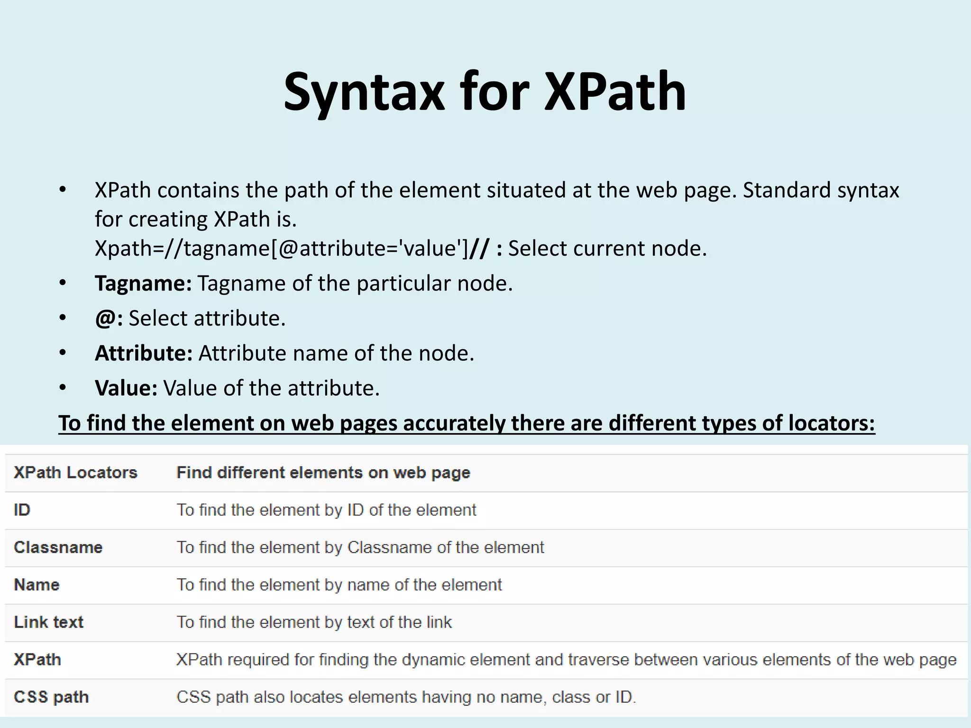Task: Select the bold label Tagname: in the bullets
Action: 143,283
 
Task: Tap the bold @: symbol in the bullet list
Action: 109,318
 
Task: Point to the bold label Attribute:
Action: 144,353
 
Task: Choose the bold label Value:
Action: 126,388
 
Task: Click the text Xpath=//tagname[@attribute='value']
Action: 282,248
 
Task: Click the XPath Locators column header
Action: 75,473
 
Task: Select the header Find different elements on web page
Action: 323,473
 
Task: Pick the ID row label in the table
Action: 22,510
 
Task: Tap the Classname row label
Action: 58,547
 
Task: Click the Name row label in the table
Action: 37,585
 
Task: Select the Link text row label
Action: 49,622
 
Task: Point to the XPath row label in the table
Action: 37,660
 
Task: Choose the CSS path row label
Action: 51,697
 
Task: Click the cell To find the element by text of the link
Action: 314,622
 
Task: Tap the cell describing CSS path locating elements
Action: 406,697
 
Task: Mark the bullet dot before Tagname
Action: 63,283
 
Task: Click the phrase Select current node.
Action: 607,248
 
